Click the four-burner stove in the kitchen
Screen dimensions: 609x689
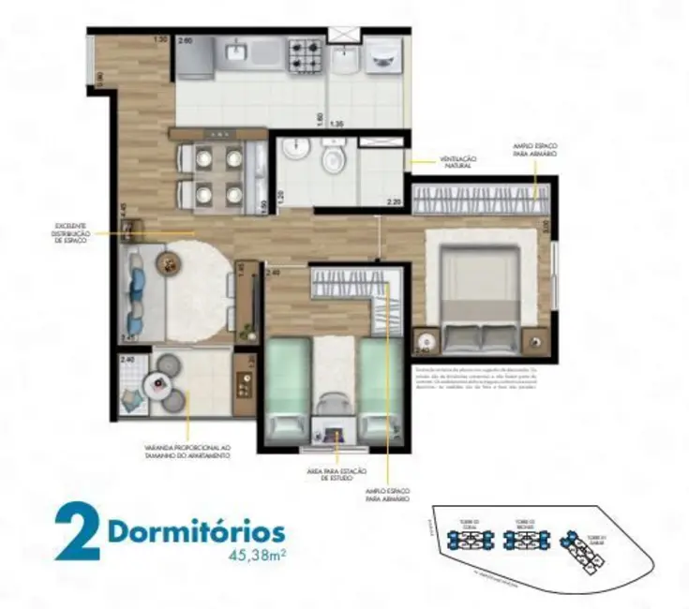pyautogui.click(x=306, y=54)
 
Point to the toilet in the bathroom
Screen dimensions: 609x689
pyautogui.click(x=333, y=159)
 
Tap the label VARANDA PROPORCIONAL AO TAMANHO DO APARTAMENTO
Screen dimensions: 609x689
pyautogui.click(x=187, y=453)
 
